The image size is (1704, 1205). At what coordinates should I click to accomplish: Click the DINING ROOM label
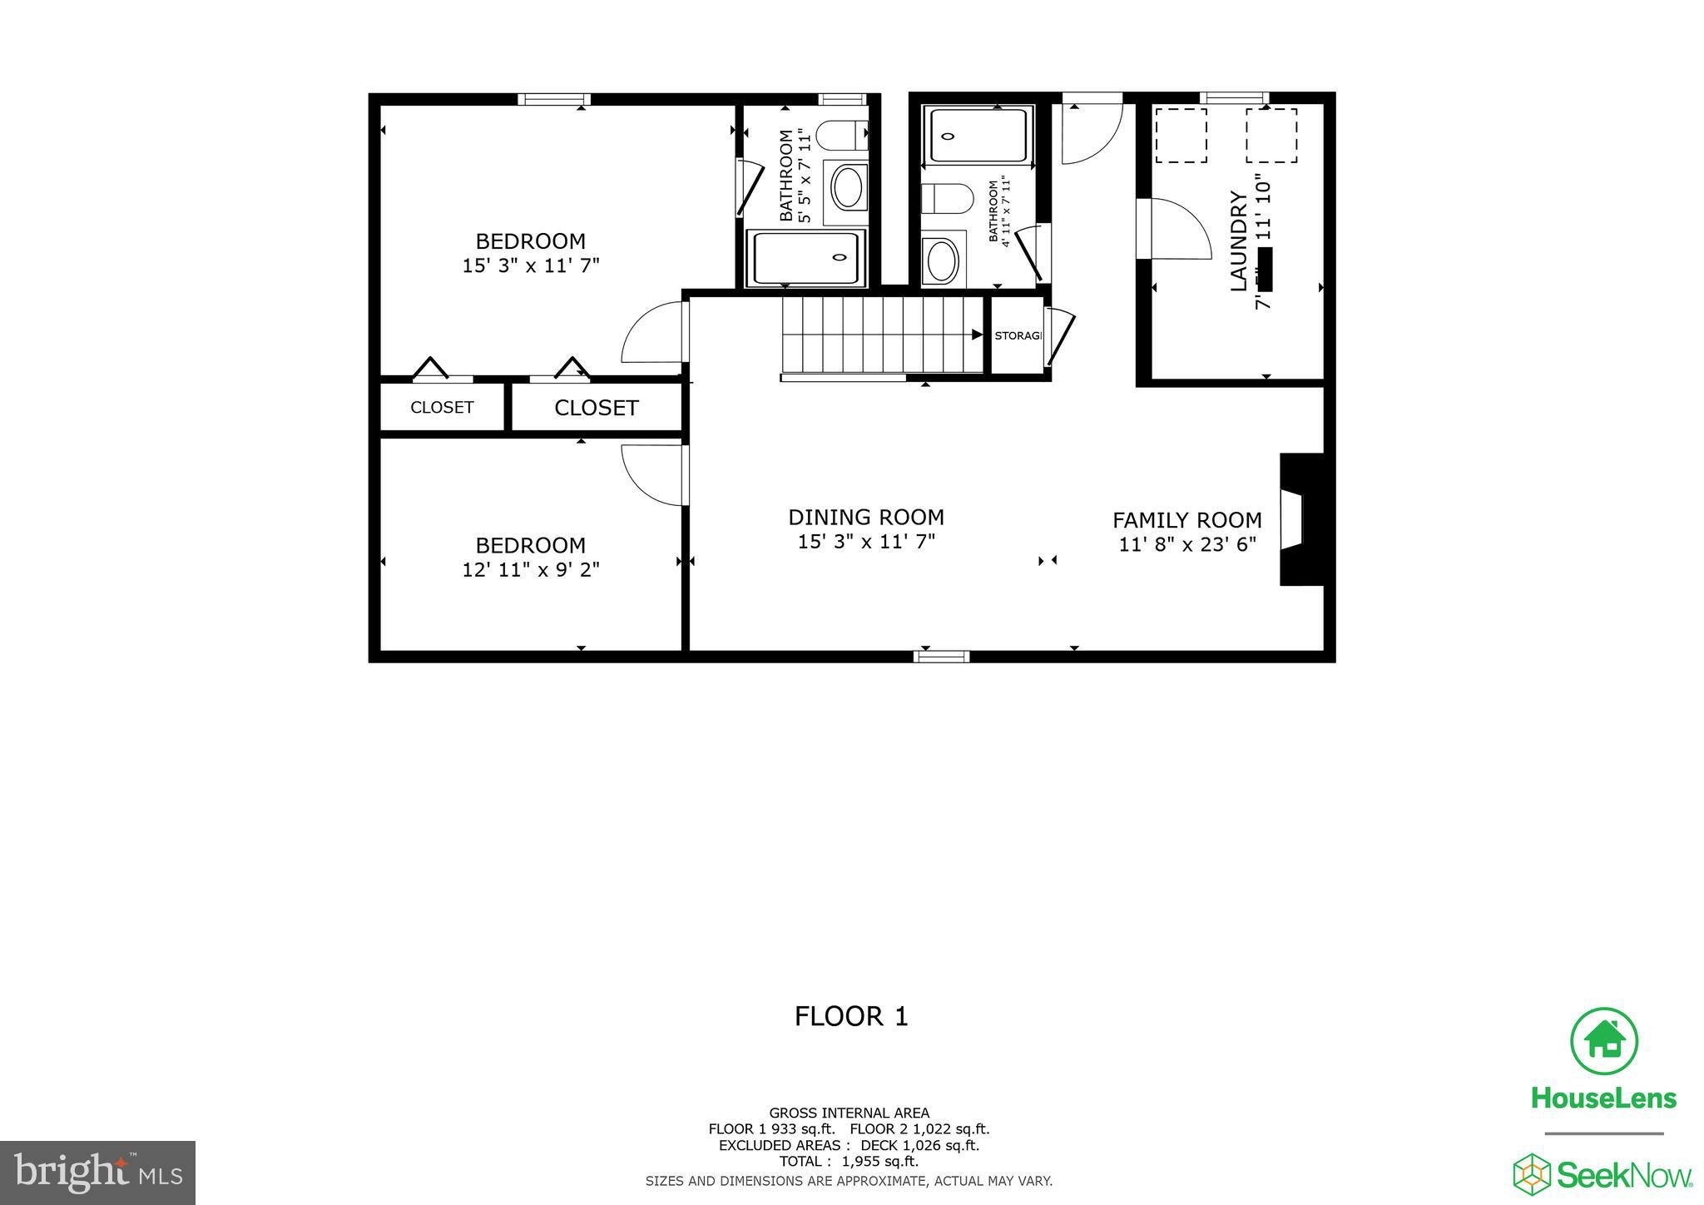[865, 517]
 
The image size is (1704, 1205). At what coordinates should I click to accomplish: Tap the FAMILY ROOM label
[1186, 520]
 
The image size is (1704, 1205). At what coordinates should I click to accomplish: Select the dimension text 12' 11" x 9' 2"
[531, 570]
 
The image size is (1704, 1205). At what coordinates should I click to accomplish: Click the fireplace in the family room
[1300, 519]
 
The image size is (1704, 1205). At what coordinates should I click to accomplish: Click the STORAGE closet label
[1017, 335]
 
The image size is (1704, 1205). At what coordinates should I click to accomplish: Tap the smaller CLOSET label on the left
[442, 407]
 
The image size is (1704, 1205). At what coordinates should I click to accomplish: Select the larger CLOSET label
[596, 408]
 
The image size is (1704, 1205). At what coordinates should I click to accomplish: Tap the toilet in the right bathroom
[949, 199]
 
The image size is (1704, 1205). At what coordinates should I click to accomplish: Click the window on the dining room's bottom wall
[941, 656]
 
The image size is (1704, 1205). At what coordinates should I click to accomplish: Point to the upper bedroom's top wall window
[554, 99]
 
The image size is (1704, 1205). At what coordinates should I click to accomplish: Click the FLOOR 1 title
[850, 1016]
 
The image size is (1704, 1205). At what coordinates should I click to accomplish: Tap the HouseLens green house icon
[1603, 1040]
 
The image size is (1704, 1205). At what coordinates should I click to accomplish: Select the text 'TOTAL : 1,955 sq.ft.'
[849, 1162]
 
